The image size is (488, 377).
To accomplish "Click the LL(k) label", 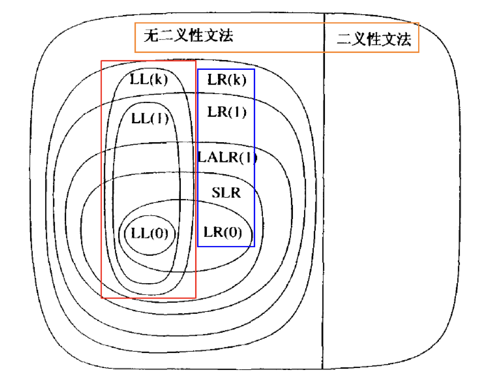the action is pos(149,79).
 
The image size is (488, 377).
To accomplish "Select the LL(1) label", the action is pos(150,119).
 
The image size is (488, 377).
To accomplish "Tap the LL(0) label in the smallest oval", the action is pos(149,233).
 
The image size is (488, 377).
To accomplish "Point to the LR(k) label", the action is pos(227,79).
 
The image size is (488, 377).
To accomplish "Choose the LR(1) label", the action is pos(227,112).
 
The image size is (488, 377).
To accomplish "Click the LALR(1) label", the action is pos(228,157).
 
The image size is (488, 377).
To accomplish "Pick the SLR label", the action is pos(226,193).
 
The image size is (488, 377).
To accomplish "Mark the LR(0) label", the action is pos(223,232).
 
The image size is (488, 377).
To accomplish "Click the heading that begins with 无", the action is pos(188,35).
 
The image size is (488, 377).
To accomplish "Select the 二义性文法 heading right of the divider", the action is pos(374,39).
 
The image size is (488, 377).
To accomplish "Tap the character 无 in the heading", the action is pos(151,35).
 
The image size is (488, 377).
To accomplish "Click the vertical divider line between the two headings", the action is pos(323,191).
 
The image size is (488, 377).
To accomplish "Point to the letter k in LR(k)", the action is pos(237,79).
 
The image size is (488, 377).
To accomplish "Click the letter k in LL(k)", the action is pos(159,79).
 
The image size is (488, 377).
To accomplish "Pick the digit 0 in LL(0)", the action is pos(159,233).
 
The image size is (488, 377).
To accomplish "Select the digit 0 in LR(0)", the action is pos(232,232).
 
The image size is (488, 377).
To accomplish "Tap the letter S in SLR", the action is pos(216,193).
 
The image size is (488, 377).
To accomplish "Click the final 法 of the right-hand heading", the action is pos(403,39).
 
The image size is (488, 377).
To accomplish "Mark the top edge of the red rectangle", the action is pos(148,61).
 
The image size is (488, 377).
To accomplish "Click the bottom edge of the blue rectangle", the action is pos(226,247).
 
